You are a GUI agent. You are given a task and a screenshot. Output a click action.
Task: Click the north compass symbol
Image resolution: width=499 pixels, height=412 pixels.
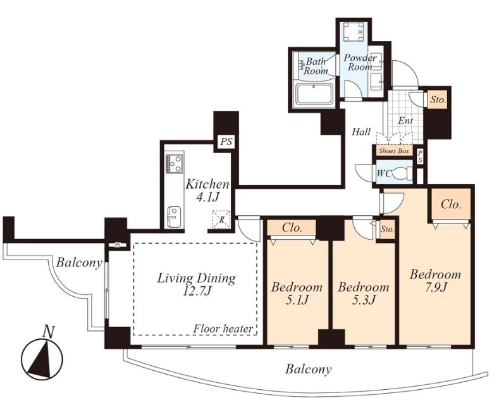tap(42, 358)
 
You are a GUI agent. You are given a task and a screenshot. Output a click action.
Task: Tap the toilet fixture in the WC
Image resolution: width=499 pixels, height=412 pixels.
tap(403, 174)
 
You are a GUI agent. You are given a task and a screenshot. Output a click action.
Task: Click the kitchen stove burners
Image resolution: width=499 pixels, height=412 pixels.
tap(175, 164)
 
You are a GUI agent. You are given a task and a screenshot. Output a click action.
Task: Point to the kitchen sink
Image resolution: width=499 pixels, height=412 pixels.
tap(174, 216)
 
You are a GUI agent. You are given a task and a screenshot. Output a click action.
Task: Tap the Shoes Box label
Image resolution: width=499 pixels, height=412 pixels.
tap(394, 151)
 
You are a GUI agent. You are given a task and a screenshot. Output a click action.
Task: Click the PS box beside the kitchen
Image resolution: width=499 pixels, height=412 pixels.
tap(226, 141)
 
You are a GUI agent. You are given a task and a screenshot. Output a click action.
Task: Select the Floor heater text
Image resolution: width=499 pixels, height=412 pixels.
tap(223, 328)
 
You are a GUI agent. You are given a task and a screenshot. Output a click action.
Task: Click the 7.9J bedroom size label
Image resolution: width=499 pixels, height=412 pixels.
tap(435, 287)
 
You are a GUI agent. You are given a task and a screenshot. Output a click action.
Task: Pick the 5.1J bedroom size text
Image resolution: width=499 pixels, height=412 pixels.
tap(296, 299)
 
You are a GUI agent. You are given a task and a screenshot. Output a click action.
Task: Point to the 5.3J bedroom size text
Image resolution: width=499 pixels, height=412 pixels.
tap(363, 299)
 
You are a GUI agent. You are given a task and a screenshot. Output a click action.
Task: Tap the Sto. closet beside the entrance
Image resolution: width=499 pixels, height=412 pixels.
tap(438, 100)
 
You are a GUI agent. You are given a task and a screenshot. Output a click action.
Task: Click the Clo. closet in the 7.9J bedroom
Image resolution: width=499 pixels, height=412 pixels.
tap(451, 204)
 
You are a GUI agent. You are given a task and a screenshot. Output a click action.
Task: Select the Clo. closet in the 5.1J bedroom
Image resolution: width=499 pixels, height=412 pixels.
tap(292, 228)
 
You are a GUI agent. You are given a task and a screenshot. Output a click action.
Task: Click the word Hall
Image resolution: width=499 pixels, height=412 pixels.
tap(361, 132)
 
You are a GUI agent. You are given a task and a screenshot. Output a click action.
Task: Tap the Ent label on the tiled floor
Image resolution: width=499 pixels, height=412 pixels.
tap(405, 121)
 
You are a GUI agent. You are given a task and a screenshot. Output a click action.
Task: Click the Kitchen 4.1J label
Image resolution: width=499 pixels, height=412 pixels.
tap(207, 190)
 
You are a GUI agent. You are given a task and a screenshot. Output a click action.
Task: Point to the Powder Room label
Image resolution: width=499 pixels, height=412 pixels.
tap(360, 63)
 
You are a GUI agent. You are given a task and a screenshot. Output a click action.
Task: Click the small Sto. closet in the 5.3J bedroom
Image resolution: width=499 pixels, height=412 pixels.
tap(388, 229)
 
